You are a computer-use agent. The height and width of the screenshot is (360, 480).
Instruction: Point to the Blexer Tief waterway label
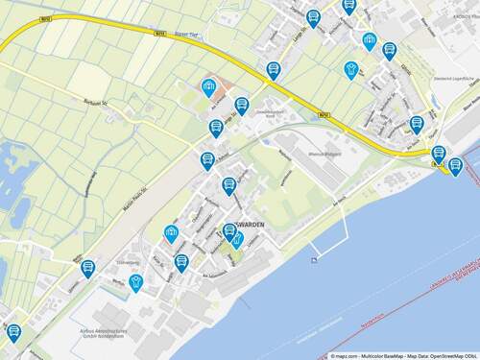coord(187,34)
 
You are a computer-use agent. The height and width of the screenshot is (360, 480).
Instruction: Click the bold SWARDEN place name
coord(249,224)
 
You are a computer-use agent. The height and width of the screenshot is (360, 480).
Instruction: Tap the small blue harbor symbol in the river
coord(314,259)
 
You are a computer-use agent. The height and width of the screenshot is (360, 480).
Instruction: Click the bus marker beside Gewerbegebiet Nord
coord(242,106)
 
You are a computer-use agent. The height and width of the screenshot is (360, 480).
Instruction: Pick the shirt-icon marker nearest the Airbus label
coord(136,282)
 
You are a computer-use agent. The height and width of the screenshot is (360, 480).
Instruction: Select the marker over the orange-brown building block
coord(207,88)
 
